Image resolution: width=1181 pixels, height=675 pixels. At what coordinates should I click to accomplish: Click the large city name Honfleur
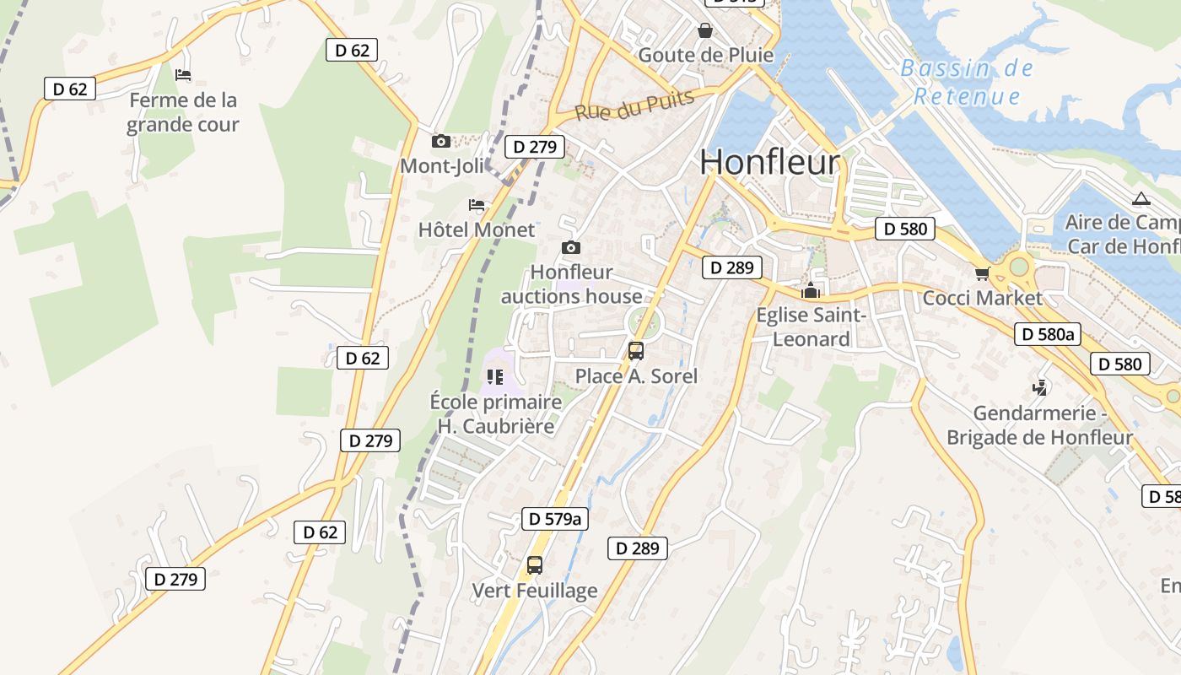770,162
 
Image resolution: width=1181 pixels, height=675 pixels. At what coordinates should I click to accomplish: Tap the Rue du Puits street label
635,105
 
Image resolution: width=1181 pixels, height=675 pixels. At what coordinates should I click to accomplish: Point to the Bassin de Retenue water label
967,82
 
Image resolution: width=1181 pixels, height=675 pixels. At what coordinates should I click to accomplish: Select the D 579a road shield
554,518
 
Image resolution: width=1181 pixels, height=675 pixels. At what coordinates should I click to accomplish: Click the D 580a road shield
1047,334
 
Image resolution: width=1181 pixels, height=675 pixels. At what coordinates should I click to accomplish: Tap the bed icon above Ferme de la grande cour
183,75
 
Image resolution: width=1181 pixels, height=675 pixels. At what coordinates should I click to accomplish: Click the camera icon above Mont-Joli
440,141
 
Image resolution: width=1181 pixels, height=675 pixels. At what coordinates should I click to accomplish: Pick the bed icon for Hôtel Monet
477,205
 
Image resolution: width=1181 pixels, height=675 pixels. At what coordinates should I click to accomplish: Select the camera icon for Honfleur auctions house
571,247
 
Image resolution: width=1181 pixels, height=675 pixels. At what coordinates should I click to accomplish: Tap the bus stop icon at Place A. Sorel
636,351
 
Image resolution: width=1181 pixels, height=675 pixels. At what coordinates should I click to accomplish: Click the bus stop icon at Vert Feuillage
534,565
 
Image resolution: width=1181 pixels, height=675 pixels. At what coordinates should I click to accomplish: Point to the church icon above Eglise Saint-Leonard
811,291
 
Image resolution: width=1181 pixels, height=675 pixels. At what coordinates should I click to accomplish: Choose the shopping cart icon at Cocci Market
982,273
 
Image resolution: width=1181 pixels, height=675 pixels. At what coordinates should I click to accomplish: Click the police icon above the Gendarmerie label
1040,388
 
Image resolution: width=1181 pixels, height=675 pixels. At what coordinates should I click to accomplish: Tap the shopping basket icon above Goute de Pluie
705,31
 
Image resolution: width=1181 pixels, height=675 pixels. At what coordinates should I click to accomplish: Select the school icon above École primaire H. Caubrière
495,376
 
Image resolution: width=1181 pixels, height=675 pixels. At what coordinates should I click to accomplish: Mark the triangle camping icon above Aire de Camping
1141,199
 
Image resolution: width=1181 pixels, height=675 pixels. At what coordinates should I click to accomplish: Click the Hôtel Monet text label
477,229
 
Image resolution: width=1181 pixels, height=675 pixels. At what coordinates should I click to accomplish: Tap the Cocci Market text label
982,298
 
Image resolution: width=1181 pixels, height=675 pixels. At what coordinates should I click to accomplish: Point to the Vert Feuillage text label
534,591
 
